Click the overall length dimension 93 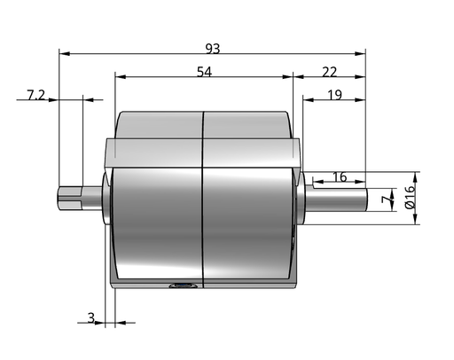click(213, 49)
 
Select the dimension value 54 click(205, 72)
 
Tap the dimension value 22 click(329, 72)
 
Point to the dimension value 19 click(335, 95)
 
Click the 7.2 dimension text click(35, 95)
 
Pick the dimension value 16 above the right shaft click(340, 176)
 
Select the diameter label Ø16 click(411, 197)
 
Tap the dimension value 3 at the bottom click(91, 318)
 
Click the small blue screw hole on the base click(183, 286)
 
